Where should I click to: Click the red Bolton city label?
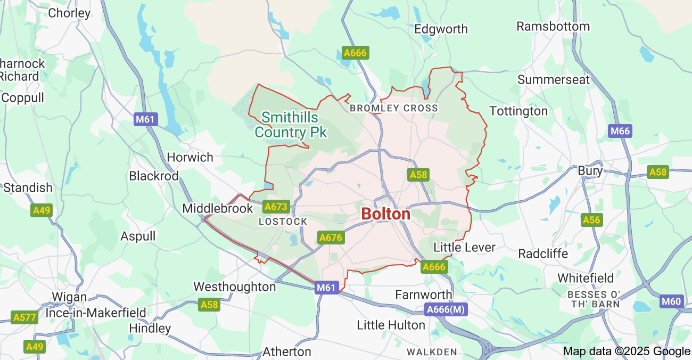385,214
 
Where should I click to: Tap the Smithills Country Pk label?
290,125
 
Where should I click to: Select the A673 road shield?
276,207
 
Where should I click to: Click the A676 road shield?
330,238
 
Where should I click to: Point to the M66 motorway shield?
620,131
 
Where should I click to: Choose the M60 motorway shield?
671,301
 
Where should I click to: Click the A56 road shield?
591,220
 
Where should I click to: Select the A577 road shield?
24,318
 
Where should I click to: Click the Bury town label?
590,171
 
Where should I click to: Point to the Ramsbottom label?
553,26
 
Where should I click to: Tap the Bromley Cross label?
393,108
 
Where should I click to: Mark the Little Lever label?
464,247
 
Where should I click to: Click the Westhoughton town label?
234,287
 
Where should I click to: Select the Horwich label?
190,157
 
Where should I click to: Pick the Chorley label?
69,13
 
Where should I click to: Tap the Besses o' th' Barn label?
594,299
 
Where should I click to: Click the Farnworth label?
423,294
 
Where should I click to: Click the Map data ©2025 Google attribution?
627,351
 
